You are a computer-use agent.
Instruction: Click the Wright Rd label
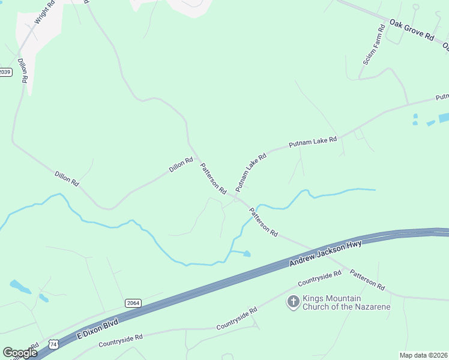click(x=44, y=12)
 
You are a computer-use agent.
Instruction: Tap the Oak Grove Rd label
click(x=411, y=29)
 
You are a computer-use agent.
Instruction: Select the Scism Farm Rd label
click(x=373, y=45)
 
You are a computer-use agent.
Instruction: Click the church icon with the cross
click(x=293, y=302)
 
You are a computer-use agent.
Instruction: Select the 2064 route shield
click(x=133, y=303)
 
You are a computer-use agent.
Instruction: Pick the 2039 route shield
click(x=5, y=72)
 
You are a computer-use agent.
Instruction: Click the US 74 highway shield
click(x=53, y=344)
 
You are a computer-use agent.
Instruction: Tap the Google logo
click(x=20, y=353)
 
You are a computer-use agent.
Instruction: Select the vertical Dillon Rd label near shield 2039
click(x=23, y=70)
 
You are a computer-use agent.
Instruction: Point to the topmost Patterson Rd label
click(x=212, y=179)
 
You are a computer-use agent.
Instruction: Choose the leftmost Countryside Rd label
click(x=120, y=340)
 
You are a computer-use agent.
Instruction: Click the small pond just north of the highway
click(x=246, y=254)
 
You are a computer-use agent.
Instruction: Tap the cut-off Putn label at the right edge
click(x=442, y=97)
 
